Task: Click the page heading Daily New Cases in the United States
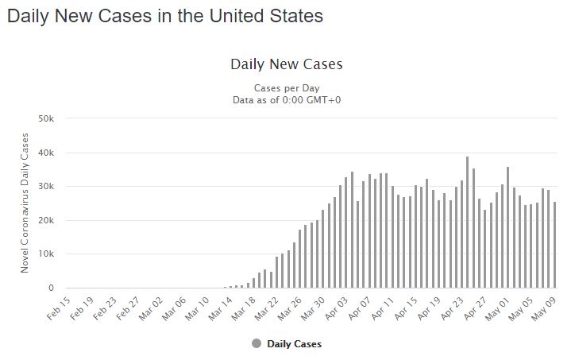(164, 16)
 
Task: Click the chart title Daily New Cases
(286, 64)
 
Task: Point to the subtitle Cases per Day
(286, 87)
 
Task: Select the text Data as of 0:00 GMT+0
(286, 99)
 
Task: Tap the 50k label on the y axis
(46, 118)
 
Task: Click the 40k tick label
(46, 153)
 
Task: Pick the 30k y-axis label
(46, 187)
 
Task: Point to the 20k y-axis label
(46, 220)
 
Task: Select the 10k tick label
(46, 254)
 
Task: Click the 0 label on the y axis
(50, 288)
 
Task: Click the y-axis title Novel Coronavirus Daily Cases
(25, 203)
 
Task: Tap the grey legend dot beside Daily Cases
(256, 343)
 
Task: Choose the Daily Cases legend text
(294, 344)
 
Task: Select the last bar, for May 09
(554, 245)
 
